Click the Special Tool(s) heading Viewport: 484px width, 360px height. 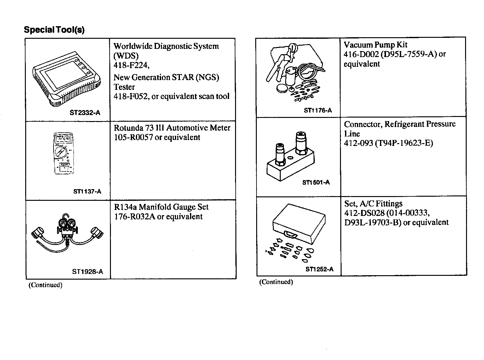(54, 30)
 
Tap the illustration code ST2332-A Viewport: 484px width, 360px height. (85, 113)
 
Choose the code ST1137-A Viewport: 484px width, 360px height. (87, 191)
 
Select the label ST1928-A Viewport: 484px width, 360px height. (88, 272)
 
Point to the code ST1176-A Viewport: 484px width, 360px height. (318, 110)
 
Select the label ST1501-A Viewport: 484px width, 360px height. (316, 182)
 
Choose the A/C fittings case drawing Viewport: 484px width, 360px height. (298, 224)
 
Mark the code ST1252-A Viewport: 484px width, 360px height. (319, 269)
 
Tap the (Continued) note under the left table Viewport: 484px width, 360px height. (45, 285)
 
